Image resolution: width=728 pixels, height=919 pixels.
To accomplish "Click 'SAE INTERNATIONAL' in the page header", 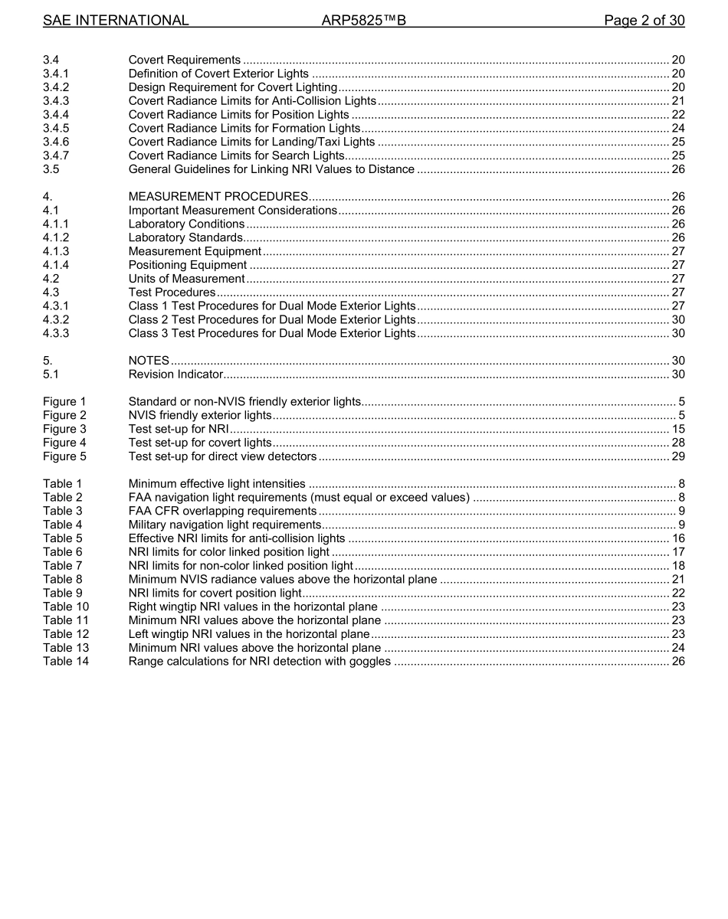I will pyautogui.click(x=116, y=21).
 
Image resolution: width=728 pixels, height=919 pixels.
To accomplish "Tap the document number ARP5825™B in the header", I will pyautogui.click(x=363, y=21).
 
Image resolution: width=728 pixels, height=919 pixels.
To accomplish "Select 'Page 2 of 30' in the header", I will pyautogui.click(x=644, y=21).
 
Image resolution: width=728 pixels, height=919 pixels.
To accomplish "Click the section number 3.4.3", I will pyautogui.click(x=56, y=101).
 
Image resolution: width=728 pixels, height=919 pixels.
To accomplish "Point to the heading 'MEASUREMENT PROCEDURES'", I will pyautogui.click(x=218, y=197).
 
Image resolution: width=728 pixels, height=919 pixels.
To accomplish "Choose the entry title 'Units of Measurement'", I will pyautogui.click(x=186, y=279).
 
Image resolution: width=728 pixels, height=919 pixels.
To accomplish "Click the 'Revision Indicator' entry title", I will pyautogui.click(x=175, y=374).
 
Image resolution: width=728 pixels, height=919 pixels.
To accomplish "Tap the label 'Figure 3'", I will pyautogui.click(x=64, y=429).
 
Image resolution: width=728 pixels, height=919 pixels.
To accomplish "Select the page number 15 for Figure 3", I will pyautogui.click(x=678, y=429).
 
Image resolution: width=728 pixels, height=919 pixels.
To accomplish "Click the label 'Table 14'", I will pyautogui.click(x=66, y=662).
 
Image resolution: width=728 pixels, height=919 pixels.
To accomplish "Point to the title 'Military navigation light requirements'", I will pyautogui.click(x=225, y=525).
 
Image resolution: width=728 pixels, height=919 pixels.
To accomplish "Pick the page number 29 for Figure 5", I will pyautogui.click(x=678, y=456).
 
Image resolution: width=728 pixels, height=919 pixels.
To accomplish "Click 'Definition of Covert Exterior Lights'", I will pyautogui.click(x=218, y=74).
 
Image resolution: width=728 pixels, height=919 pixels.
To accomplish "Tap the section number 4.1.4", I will pyautogui.click(x=56, y=265).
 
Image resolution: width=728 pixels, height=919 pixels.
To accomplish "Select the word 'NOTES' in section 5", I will pyautogui.click(x=149, y=361).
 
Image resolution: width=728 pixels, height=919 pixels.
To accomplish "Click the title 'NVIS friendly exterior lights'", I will pyautogui.click(x=200, y=415).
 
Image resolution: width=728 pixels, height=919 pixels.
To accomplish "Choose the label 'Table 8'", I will pyautogui.click(x=63, y=580).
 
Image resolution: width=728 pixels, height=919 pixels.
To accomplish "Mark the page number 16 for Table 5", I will pyautogui.click(x=678, y=538).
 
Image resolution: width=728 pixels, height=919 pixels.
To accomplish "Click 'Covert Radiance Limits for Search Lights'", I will pyautogui.click(x=237, y=155).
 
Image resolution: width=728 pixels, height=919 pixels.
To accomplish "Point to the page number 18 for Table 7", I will pyautogui.click(x=678, y=566).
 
